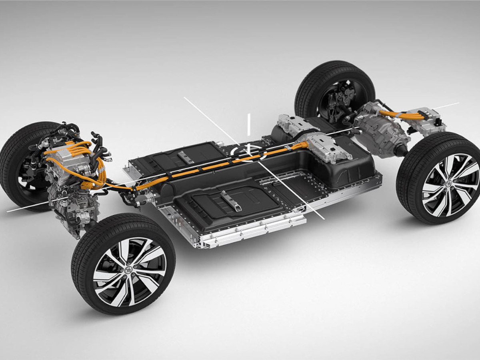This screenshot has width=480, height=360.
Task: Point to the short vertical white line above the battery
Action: tap(248, 124)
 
